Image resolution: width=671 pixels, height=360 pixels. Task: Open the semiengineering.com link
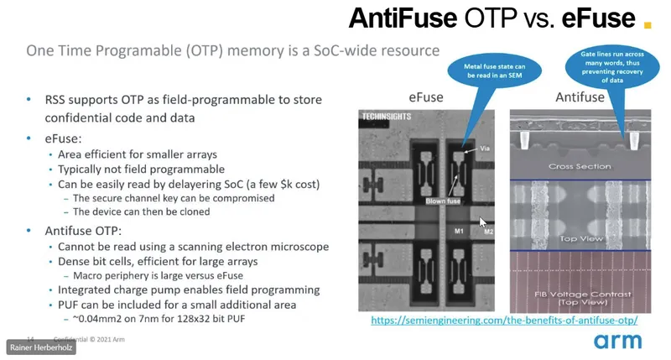tap(504, 320)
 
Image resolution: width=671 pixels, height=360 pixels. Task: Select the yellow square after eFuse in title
tap(647, 23)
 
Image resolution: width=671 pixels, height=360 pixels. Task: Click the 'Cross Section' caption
tap(578, 166)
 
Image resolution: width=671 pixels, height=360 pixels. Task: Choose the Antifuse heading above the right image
tap(580, 97)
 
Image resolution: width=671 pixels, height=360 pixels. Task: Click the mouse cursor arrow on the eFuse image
tap(482, 222)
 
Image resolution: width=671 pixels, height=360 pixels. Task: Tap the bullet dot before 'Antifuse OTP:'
tap(31, 229)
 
